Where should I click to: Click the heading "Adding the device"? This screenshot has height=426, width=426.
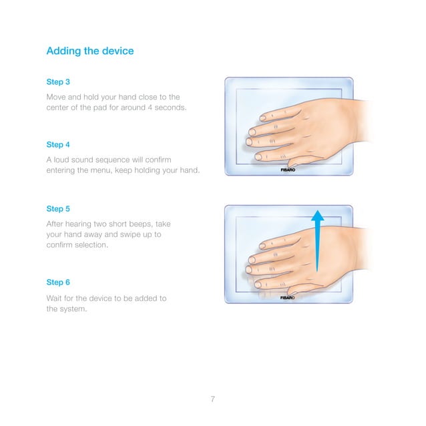(x=89, y=51)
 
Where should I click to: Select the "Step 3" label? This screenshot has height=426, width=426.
(x=58, y=82)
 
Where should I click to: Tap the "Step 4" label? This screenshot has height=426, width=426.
(x=58, y=144)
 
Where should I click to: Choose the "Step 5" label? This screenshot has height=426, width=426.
(x=58, y=208)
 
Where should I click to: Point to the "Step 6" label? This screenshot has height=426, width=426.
(x=58, y=282)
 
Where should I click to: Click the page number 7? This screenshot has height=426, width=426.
(x=212, y=399)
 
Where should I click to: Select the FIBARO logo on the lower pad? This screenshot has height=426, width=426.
(x=288, y=298)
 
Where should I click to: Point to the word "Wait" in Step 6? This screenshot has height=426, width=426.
(x=55, y=298)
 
